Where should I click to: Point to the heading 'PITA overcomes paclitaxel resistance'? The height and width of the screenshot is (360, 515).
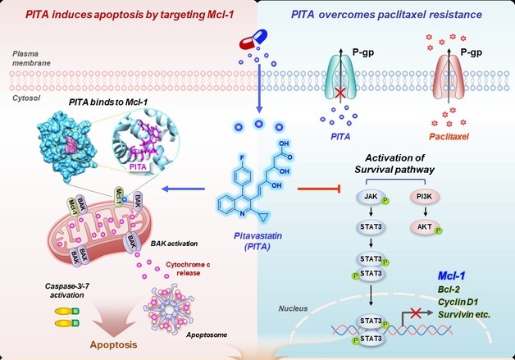[x=386, y=13]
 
